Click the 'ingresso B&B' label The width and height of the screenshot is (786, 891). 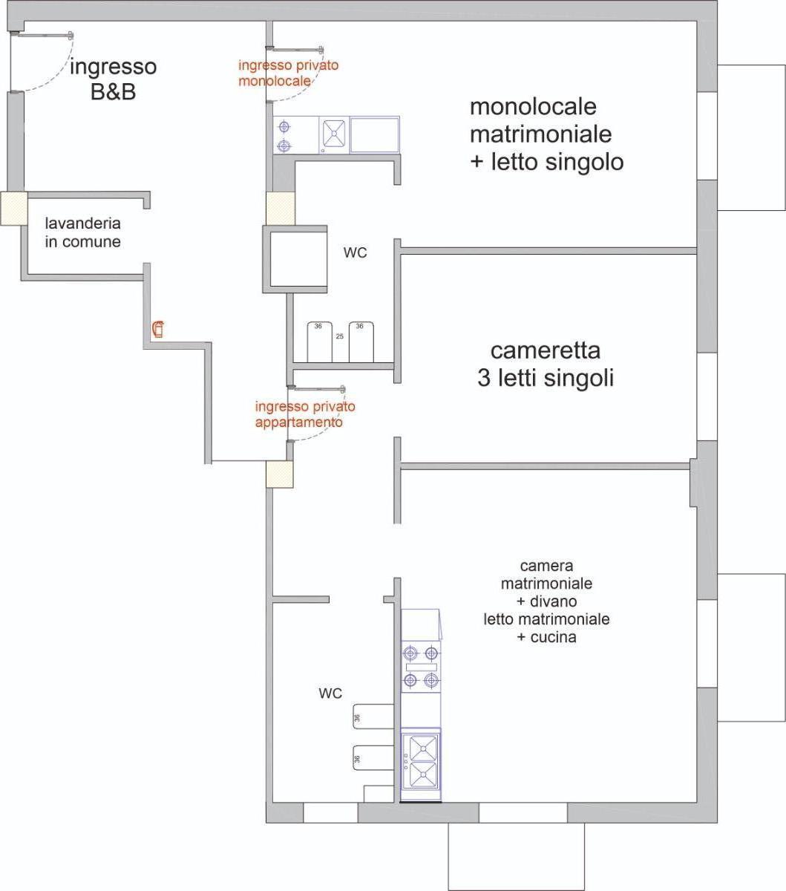(113, 79)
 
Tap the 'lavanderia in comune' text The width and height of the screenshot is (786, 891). (82, 232)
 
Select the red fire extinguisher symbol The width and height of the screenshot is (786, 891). (158, 328)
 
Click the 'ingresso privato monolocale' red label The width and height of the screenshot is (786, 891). (288, 73)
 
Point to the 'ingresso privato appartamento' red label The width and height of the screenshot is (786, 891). (305, 414)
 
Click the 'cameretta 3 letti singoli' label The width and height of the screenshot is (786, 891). (546, 364)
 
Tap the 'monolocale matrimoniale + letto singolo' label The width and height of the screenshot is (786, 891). (546, 134)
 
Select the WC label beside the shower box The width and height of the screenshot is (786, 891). (355, 253)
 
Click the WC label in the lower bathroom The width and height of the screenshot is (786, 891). (330, 693)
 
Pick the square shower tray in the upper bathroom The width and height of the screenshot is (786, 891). (295, 258)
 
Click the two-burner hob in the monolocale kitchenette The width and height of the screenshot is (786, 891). (284, 135)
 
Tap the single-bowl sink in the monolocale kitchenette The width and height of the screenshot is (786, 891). (333, 135)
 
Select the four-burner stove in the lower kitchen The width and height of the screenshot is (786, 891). (420, 667)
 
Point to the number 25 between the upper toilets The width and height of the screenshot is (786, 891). (340, 336)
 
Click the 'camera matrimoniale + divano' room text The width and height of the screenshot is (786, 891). (546, 601)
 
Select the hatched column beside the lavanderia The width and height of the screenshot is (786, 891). (13, 209)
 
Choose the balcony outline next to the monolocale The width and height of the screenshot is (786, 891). (751, 137)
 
